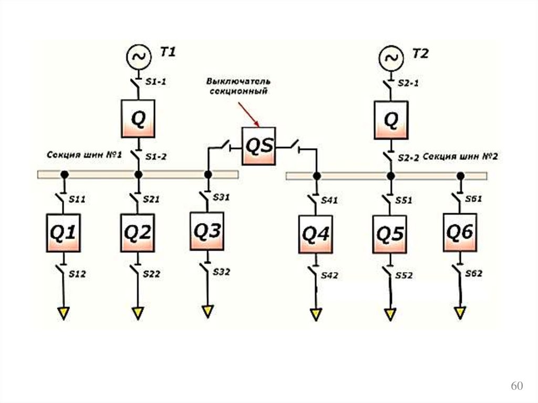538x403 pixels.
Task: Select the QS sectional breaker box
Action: coord(259,146)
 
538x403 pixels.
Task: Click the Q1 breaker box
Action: coord(64,233)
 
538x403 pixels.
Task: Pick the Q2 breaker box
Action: coord(138,233)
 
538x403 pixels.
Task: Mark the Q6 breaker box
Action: coord(460,232)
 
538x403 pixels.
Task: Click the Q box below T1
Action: coord(138,119)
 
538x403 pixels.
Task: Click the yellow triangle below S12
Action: coord(64,313)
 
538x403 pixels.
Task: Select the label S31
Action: coord(222,198)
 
